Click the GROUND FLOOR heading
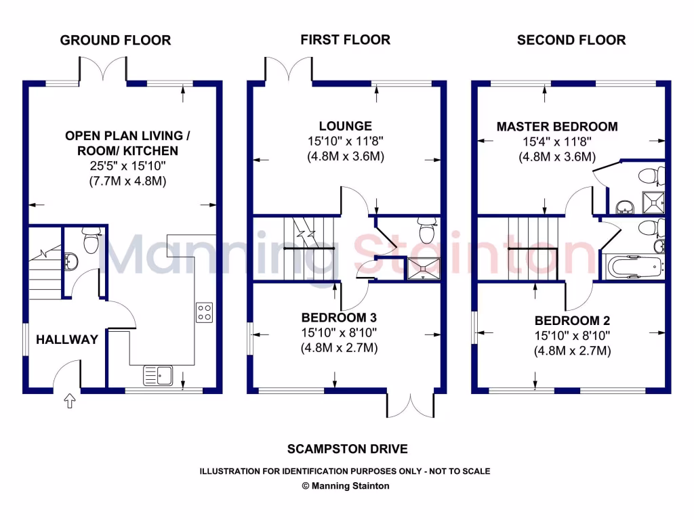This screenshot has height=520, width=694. coord(115,40)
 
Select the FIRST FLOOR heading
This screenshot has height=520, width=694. coord(346,40)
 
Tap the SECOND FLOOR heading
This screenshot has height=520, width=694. coord(571,40)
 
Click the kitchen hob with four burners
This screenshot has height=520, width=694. coord(205,312)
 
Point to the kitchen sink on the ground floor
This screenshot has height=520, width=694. coord(158,374)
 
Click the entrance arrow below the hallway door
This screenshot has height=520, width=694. coord(69,403)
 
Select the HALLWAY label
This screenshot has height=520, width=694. coord(66,339)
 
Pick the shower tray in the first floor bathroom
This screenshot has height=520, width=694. coord(422,268)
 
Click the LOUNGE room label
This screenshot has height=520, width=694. coord(346,126)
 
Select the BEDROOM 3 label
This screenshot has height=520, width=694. coord(339,317)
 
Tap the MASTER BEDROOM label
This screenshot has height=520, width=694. coord(557,127)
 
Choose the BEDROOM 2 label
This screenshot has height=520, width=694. coord(567,320)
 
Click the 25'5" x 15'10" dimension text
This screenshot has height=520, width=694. coord(127,167)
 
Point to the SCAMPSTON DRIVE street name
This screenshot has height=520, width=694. coord(347,449)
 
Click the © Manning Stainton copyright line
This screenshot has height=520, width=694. coord(346,485)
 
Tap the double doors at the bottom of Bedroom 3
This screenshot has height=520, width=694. coord(411,405)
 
